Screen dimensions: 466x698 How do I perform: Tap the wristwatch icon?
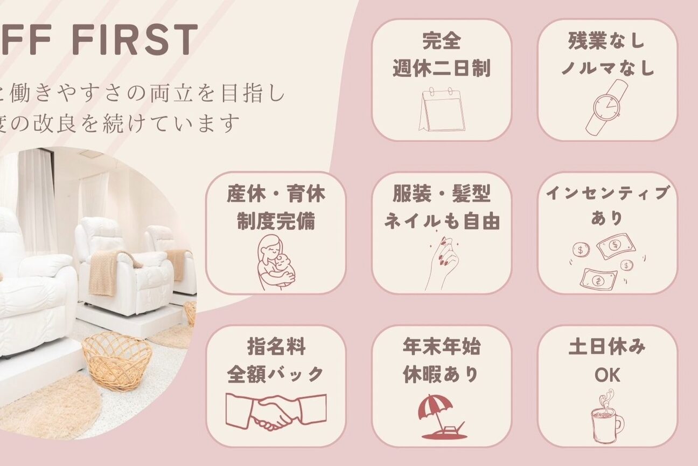[x=607, y=107]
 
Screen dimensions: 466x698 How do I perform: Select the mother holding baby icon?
[x=276, y=263]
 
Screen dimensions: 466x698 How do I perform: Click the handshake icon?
[x=276, y=412]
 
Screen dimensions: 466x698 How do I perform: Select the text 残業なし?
[x=606, y=41]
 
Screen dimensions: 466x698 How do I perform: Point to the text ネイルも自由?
[x=442, y=221]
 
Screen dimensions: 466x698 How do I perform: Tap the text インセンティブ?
[x=607, y=193]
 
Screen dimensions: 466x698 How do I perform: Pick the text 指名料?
[x=276, y=347]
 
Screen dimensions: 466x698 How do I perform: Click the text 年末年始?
[x=442, y=347]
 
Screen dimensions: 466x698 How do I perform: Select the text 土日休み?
[x=607, y=347]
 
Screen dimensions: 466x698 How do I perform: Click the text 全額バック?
[x=276, y=374]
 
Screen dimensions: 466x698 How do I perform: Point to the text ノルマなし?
[x=607, y=68]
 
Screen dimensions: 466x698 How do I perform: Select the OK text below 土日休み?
[x=607, y=375]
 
